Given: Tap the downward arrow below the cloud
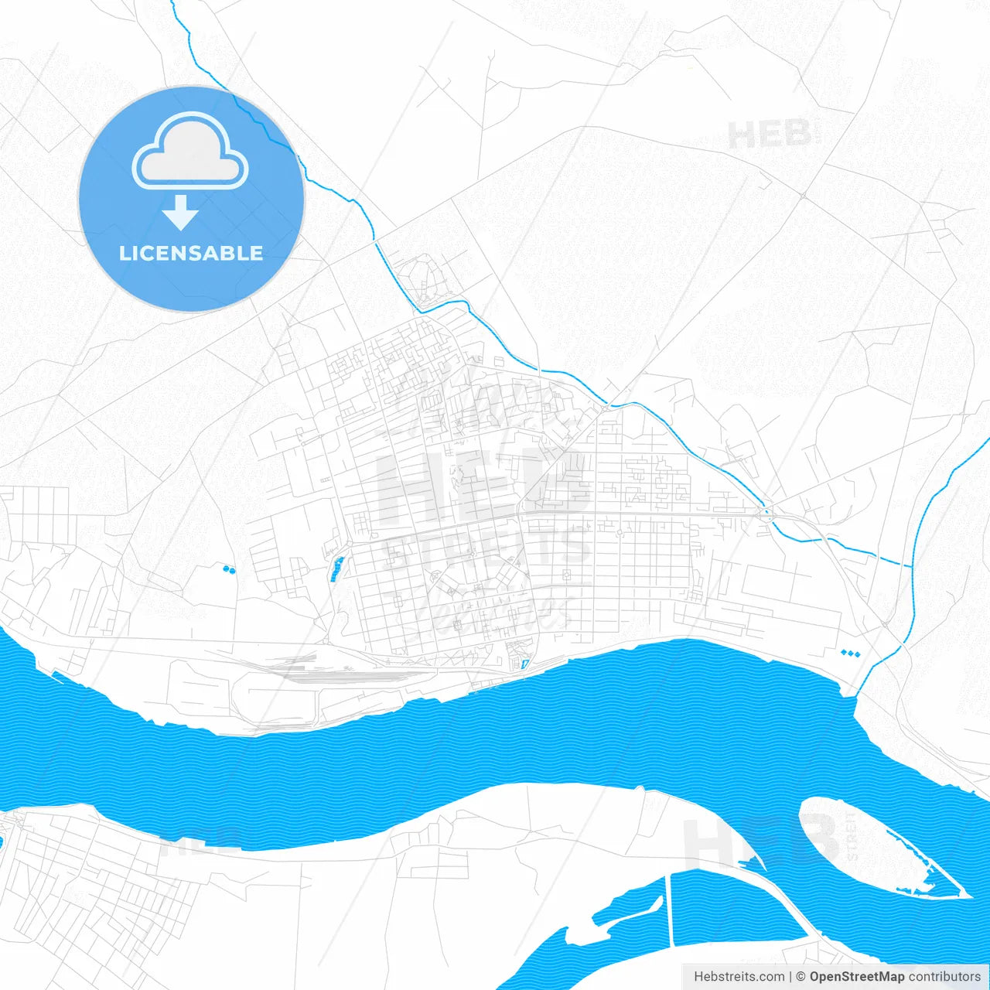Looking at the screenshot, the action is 181,213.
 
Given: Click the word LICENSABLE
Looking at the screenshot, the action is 191,253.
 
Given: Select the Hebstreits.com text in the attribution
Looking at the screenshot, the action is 739,977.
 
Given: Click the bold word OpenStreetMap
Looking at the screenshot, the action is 857,977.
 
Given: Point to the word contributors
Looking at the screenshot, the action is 944,977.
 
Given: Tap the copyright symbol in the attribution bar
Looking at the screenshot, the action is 801,977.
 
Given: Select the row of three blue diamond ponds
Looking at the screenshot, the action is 850,654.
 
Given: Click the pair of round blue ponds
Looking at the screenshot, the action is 228,569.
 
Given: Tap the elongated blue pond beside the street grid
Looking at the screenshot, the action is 336,568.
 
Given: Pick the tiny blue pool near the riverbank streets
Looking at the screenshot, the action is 525,664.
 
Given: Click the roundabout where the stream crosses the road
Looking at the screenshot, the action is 766,512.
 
